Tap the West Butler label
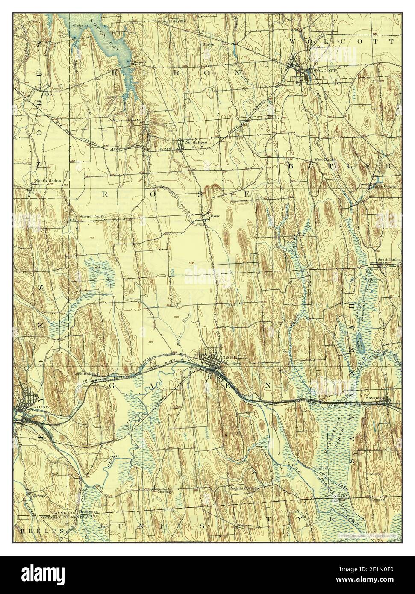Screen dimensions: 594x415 point(325,159)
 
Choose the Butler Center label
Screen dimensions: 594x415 point(384,186)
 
